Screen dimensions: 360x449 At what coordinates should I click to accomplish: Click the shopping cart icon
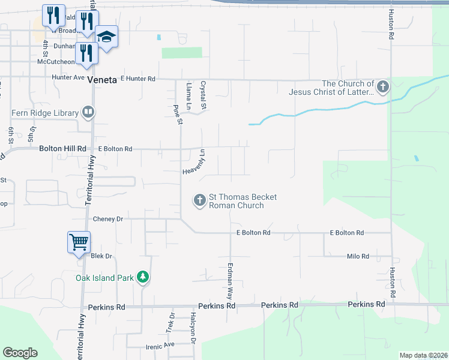[x=79, y=242]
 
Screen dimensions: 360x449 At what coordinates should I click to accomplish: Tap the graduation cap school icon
[x=107, y=37]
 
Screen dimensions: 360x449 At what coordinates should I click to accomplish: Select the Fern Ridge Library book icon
[x=88, y=112]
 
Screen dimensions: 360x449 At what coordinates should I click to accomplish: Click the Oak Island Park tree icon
[x=142, y=277]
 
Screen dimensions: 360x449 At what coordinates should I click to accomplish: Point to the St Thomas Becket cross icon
[x=199, y=200]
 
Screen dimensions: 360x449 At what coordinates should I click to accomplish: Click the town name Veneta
[x=101, y=79]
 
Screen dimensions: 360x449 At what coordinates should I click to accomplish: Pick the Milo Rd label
[x=358, y=256]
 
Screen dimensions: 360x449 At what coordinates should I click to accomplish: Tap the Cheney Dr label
[x=108, y=220]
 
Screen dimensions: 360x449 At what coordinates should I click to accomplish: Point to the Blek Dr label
[x=101, y=256]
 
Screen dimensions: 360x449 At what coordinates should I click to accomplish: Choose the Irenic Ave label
[x=160, y=345]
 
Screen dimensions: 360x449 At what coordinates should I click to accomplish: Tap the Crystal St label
[x=203, y=95]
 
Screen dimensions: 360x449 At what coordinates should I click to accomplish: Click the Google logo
[x=20, y=353]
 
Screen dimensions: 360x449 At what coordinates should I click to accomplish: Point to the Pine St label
[x=177, y=114]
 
